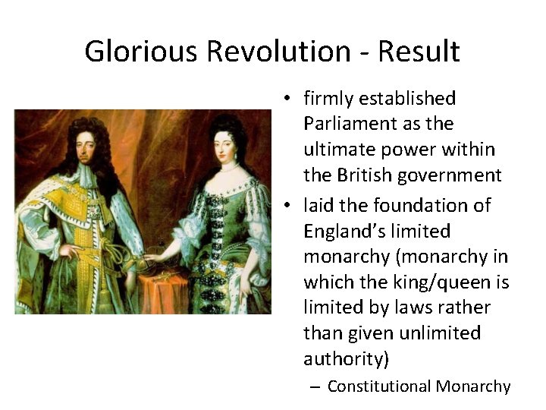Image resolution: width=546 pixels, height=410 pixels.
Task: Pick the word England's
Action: point(344,231)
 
